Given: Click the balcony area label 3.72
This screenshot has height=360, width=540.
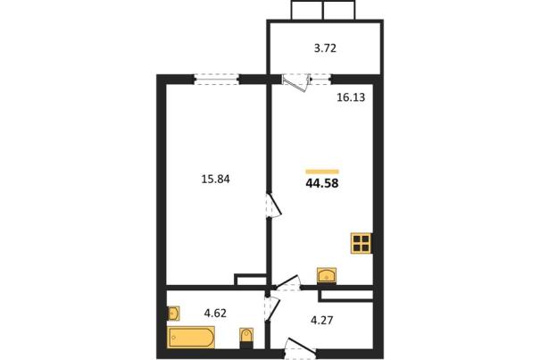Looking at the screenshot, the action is (325, 48).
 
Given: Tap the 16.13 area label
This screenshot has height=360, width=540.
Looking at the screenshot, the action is (351, 97).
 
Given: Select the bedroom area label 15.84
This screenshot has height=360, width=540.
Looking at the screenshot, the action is (215, 180).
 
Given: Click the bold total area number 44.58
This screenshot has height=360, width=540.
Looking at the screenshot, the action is (322, 183).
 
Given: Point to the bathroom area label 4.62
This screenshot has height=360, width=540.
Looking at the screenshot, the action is (215, 314).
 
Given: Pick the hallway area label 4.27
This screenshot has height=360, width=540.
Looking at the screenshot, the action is (321, 321).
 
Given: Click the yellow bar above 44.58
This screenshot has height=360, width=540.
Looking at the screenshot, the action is (322, 172).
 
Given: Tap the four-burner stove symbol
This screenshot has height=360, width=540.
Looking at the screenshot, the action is (361, 244).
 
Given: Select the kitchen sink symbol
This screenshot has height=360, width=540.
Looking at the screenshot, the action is (327, 276).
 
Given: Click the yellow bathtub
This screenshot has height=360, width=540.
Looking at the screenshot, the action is (192, 337).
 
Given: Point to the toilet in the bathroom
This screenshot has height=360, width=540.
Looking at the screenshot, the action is (246, 338).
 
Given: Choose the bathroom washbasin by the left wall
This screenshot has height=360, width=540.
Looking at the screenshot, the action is (173, 314).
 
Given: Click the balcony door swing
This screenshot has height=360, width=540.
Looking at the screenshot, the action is (296, 83).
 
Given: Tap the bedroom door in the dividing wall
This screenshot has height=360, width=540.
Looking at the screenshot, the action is (275, 205).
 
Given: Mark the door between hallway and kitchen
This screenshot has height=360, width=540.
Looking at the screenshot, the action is (287, 283).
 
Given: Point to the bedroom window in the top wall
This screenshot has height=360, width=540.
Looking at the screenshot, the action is (216, 80).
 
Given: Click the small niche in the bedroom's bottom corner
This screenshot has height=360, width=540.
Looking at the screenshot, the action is (251, 280).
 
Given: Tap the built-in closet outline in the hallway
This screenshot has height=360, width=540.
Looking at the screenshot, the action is (346, 296).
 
